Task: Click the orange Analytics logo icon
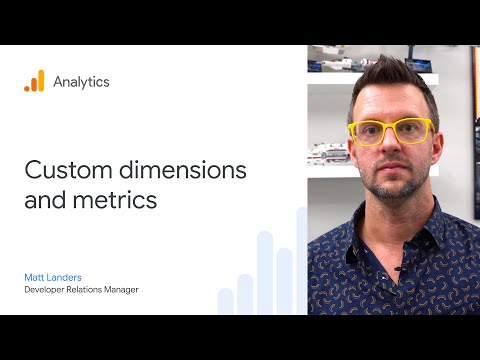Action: click(34, 81)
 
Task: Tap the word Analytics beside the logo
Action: click(81, 82)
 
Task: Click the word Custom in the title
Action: click(63, 171)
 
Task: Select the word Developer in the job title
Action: click(51, 290)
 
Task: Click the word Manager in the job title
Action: click(144, 290)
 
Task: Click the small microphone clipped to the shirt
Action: click(401, 268)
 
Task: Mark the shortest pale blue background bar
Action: click(225, 301)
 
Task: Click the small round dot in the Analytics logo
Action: click(28, 88)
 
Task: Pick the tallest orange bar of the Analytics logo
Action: click(40, 81)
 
